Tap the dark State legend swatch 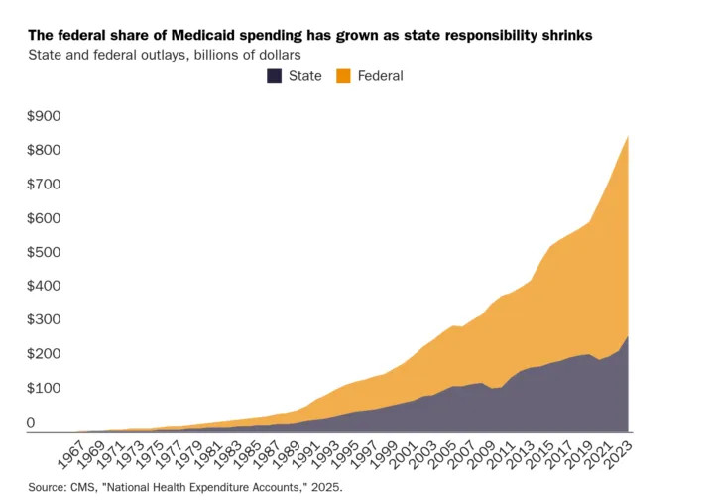click(274, 76)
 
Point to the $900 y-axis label click(44, 117)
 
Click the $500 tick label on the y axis click(44, 252)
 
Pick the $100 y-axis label click(44, 388)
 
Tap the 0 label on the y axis click(31, 423)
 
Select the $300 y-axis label click(44, 319)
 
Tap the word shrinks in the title click(565, 35)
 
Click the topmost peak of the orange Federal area click(628, 137)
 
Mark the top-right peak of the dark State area click(628, 337)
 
